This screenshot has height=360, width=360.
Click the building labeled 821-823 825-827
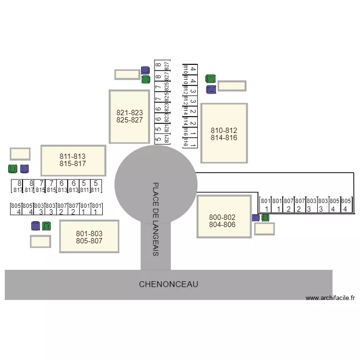point(129,116)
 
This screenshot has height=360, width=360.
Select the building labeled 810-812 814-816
point(224,133)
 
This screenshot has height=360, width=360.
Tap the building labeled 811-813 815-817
point(73,160)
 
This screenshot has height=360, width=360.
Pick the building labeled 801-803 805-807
point(89,237)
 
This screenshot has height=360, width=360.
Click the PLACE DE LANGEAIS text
point(156,218)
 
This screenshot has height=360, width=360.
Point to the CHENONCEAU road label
point(168,284)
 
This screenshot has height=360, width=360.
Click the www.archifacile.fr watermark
point(330,298)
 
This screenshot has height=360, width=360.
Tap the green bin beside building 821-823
point(146,79)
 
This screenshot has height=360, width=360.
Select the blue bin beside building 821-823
point(145,71)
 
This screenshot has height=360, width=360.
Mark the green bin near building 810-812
point(210,79)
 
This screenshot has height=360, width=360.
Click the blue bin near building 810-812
point(210,89)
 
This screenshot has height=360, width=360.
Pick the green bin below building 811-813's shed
point(13,168)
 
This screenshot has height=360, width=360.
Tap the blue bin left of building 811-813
point(24,168)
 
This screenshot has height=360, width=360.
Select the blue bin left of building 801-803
point(35,226)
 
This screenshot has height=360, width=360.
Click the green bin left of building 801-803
point(46,226)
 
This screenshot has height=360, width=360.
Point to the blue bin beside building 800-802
point(256,218)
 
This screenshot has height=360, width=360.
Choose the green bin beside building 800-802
point(265,218)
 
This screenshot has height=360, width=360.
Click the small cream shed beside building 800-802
point(264,228)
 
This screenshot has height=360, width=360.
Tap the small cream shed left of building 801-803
point(40,241)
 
